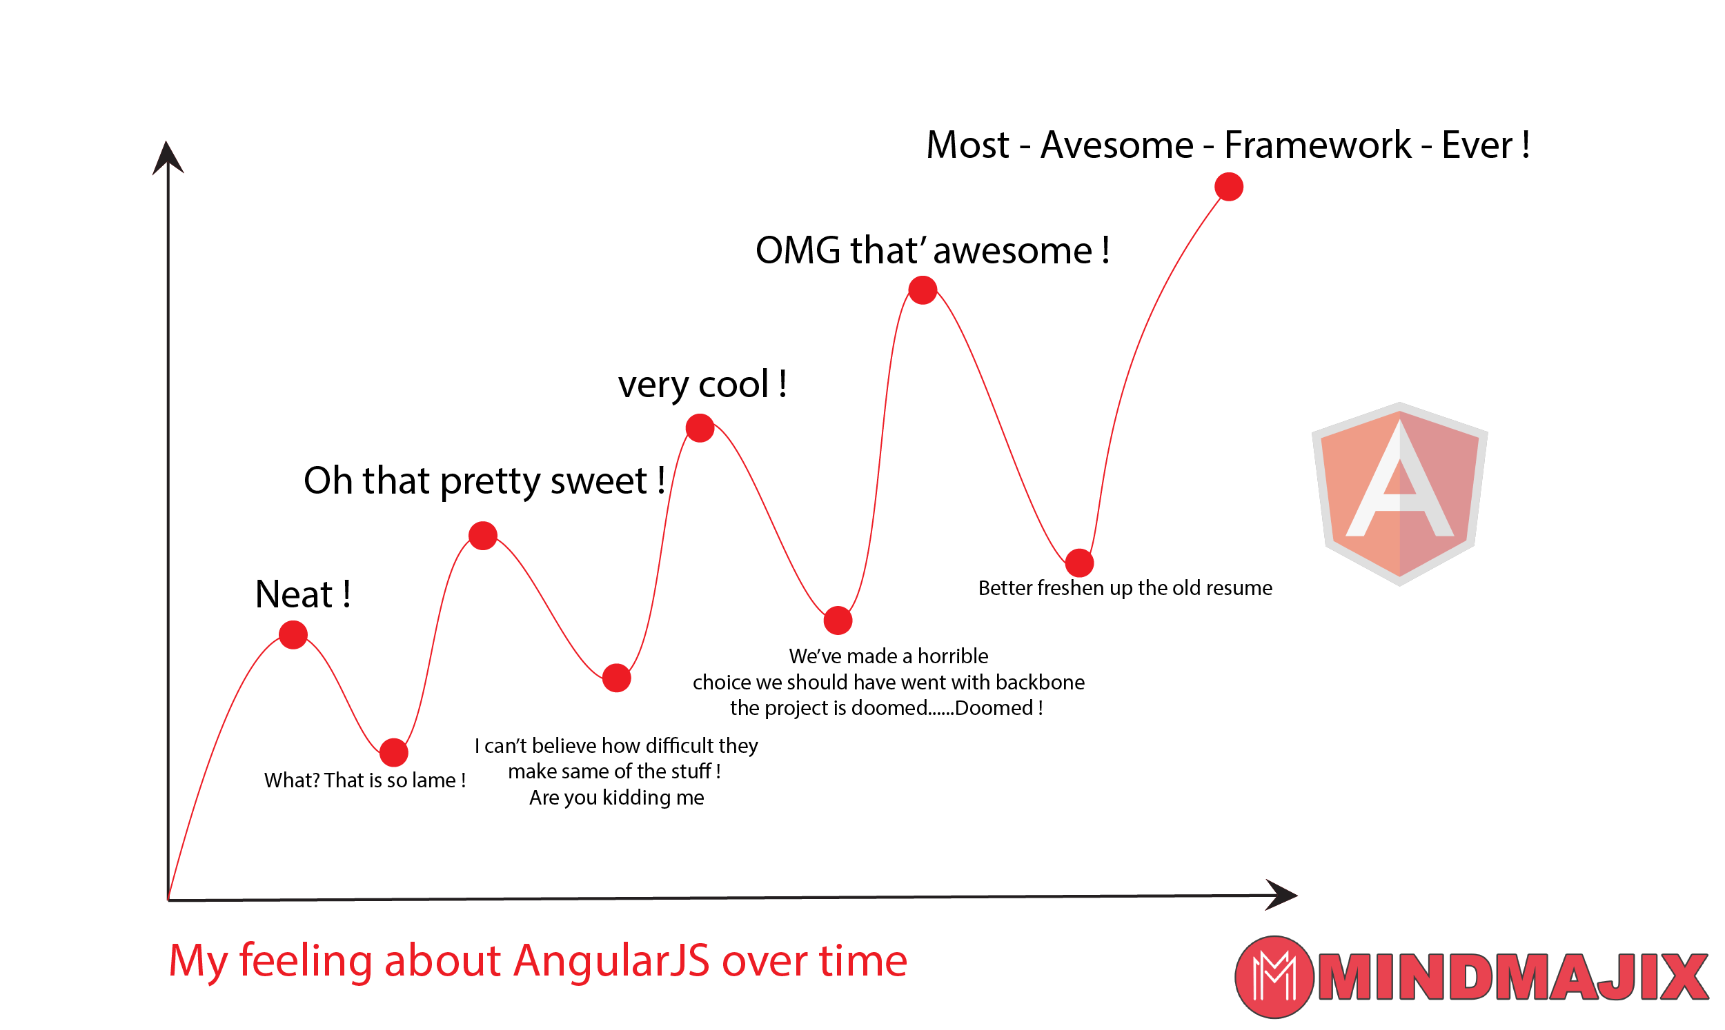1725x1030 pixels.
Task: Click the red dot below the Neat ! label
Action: click(293, 634)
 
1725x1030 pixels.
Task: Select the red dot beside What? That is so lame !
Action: click(394, 752)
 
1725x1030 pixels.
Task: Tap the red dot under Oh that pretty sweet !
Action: click(482, 535)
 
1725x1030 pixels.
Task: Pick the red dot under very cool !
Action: click(700, 427)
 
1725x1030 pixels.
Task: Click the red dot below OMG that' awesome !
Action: click(923, 290)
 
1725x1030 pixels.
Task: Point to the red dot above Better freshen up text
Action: click(1079, 562)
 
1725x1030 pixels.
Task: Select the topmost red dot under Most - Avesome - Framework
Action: click(1228, 187)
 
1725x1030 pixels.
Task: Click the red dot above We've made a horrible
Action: click(838, 620)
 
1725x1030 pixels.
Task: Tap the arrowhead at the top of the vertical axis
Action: click(168, 159)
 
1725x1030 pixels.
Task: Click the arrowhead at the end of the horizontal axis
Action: click(1281, 895)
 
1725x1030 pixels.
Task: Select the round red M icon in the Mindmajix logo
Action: click(1274, 976)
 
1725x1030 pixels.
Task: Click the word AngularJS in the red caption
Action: click(611, 960)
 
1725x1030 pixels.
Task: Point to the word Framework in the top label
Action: click(1317, 145)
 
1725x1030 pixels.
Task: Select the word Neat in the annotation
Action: click(294, 595)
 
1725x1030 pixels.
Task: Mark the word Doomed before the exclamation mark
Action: click(994, 708)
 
